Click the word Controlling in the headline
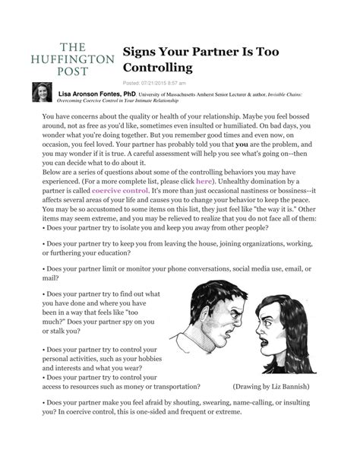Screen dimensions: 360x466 [155, 67]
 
